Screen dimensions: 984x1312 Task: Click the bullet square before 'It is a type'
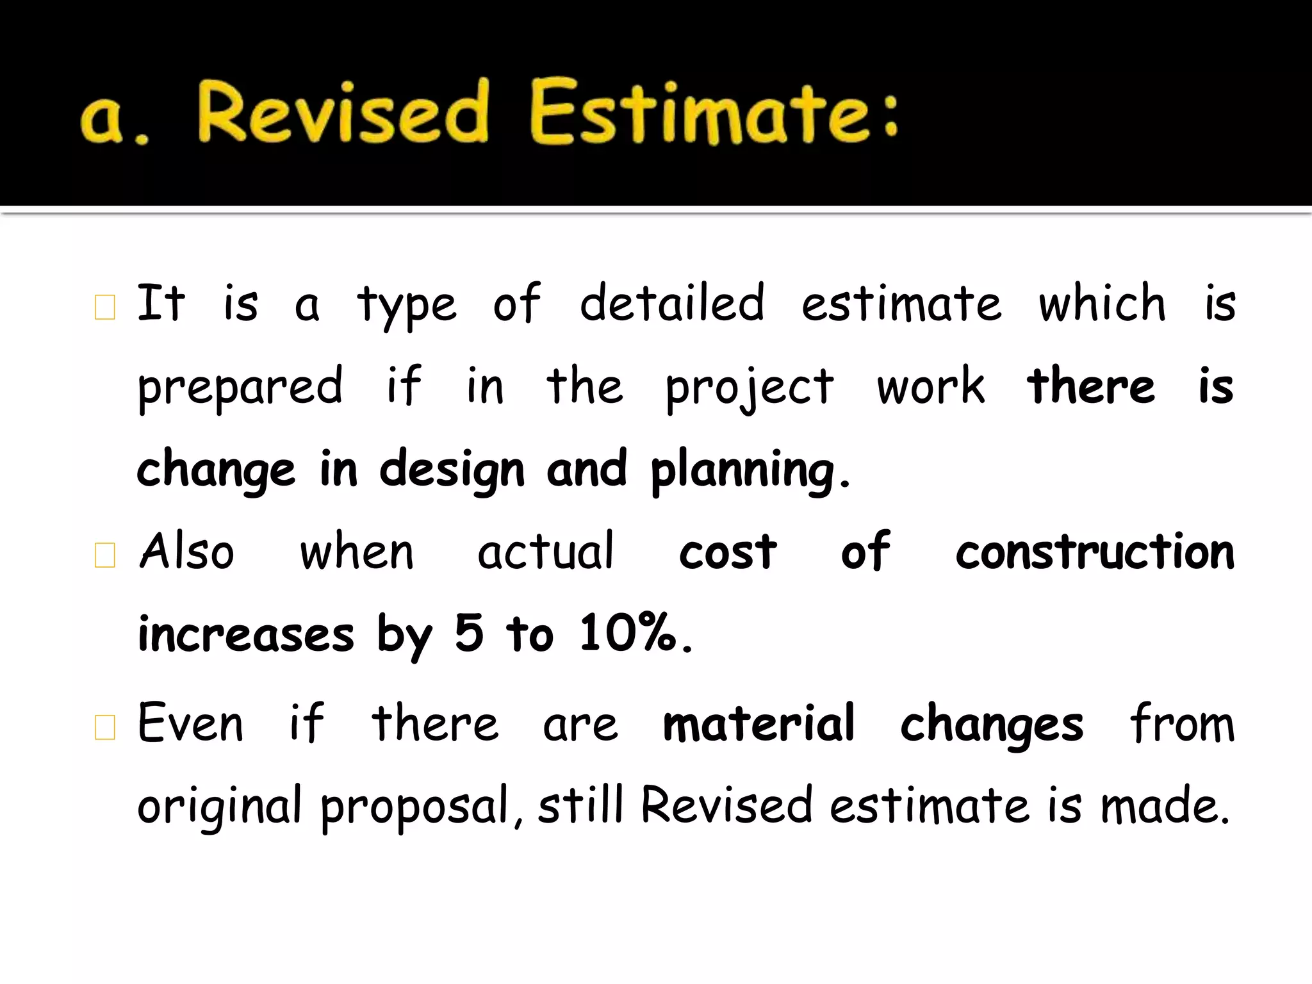pyautogui.click(x=104, y=307)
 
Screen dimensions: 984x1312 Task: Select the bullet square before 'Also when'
pyautogui.click(x=104, y=555)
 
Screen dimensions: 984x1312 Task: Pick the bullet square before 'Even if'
pyautogui.click(x=104, y=727)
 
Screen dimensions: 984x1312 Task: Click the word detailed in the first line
pyautogui.click(x=671, y=303)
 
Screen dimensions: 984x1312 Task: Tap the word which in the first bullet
pyautogui.click(x=1102, y=303)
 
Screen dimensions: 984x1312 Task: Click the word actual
pyautogui.click(x=546, y=552)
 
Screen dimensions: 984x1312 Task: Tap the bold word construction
pyautogui.click(x=1095, y=552)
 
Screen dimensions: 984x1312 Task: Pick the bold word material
pyautogui.click(x=758, y=724)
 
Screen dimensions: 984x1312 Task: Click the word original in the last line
pyautogui.click(x=219, y=807)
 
